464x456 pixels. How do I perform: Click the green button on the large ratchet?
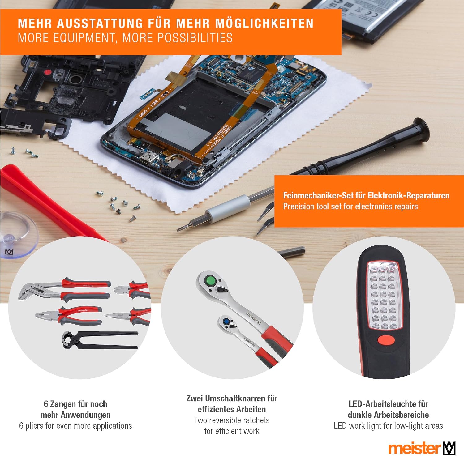tap(211, 281)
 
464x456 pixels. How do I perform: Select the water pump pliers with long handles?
tap(64, 289)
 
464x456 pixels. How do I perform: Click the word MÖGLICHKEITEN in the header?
tap(264, 23)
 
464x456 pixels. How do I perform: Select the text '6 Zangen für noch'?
tap(75, 404)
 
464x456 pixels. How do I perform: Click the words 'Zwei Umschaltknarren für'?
tap(232, 398)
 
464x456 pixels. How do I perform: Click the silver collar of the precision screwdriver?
tap(228, 209)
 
